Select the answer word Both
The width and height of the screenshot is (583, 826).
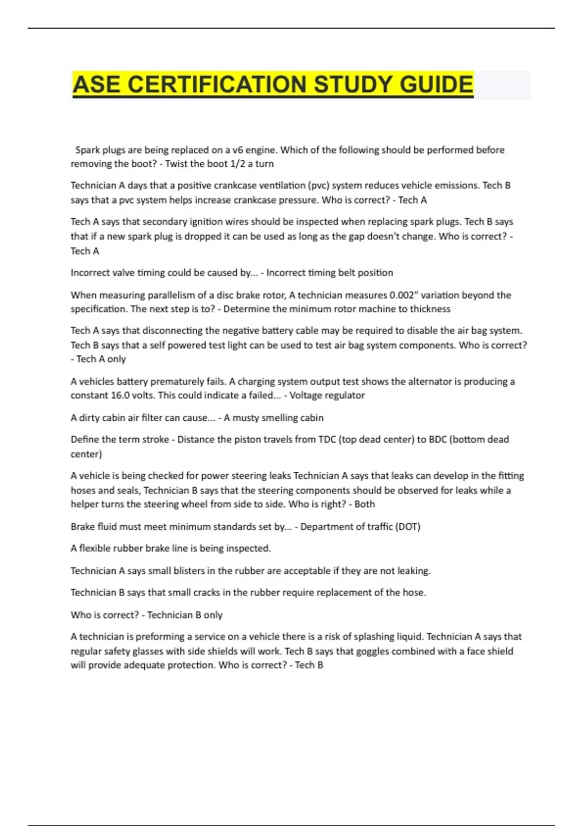click(365, 504)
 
